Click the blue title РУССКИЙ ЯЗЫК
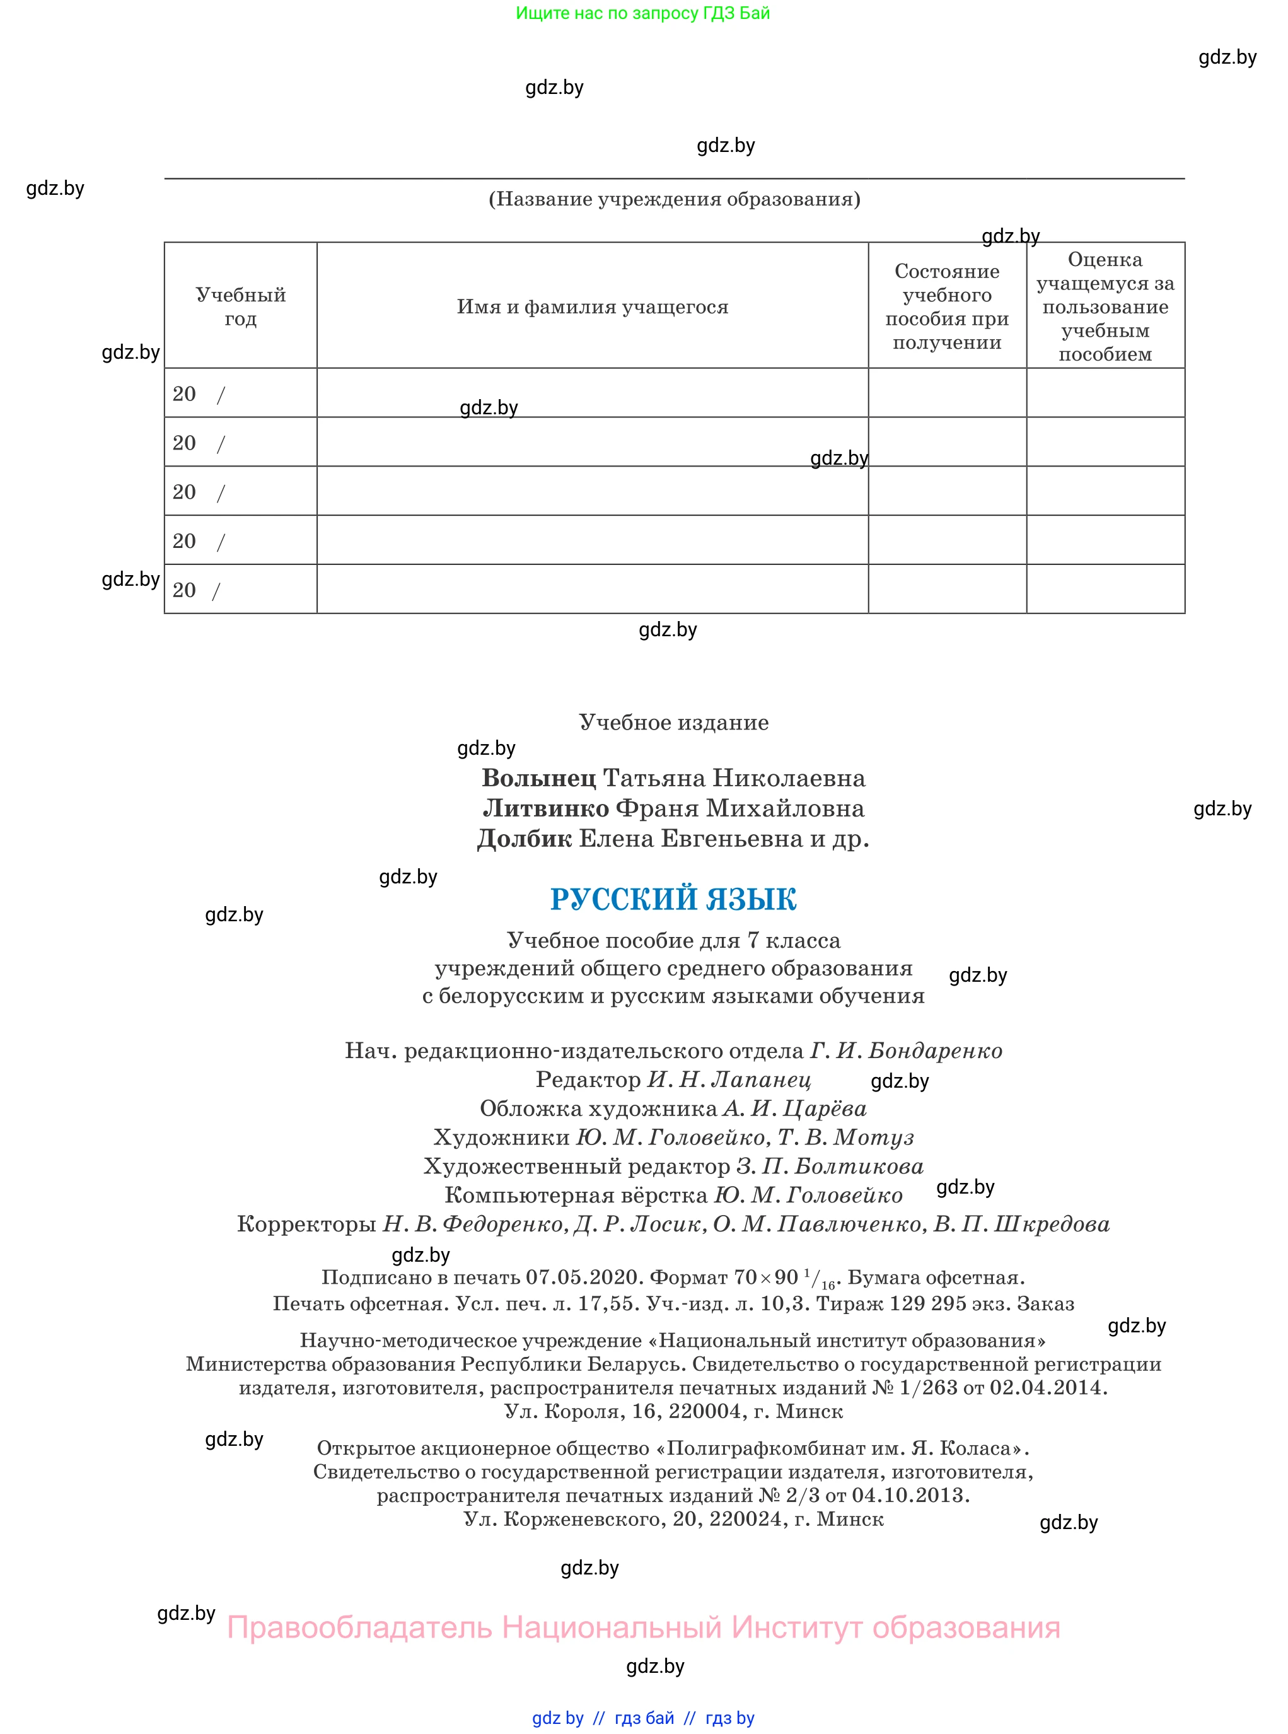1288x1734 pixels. point(673,899)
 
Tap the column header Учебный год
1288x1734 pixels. point(240,306)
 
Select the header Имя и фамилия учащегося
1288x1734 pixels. point(593,306)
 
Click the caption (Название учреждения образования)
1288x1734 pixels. point(675,199)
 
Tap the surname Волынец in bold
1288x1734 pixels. point(539,778)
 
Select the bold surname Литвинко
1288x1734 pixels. point(546,808)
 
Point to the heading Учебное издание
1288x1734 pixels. point(673,722)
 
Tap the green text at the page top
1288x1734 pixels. point(642,13)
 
